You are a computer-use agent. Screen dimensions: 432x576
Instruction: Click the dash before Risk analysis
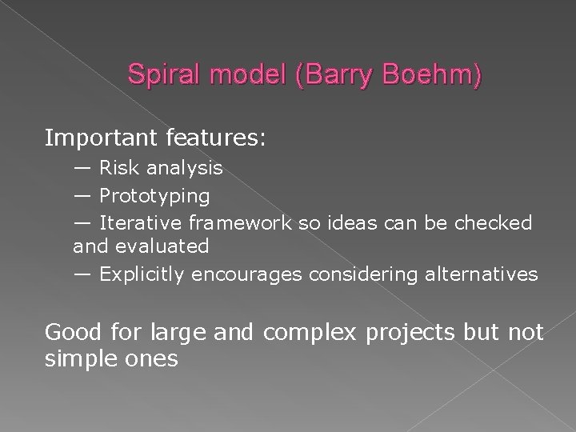[83, 169]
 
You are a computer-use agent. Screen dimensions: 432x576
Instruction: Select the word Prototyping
[154, 196]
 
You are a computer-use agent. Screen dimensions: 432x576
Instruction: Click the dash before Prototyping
[83, 196]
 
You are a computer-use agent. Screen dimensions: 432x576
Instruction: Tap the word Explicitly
[142, 275]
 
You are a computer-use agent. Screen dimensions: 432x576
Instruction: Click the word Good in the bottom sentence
[73, 331]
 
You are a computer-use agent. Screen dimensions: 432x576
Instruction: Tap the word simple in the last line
[82, 359]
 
